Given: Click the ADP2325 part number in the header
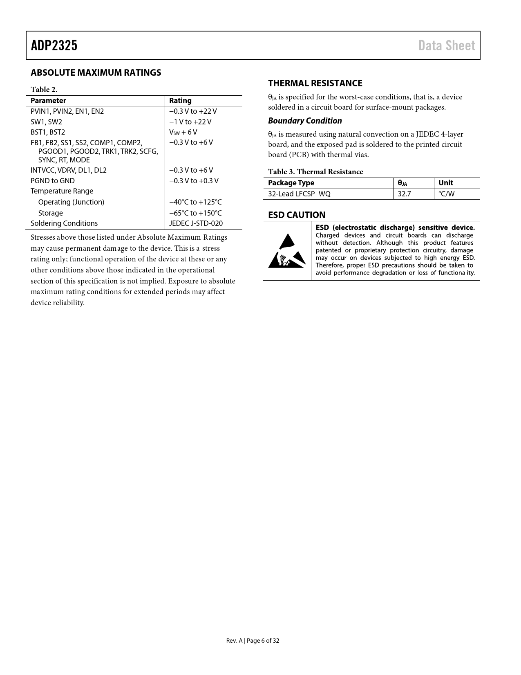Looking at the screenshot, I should pyautogui.click(x=54, y=45).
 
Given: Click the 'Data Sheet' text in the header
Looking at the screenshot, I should pyautogui.click(x=447, y=45).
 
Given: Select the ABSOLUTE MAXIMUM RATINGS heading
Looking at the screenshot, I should pyautogui.click(x=96, y=73).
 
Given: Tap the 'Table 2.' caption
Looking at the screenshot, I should pyautogui.click(x=44, y=90).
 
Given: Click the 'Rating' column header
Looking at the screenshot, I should pyautogui.click(x=180, y=101).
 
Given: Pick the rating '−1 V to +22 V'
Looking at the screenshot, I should pyautogui.click(x=190, y=122).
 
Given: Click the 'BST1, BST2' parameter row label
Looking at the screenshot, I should pyautogui.click(x=48, y=132).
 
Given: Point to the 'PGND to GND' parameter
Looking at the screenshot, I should pyautogui.click(x=53, y=181).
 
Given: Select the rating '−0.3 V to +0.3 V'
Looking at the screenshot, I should pyautogui.click(x=194, y=181).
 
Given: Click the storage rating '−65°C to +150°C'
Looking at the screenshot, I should pyautogui.click(x=196, y=213).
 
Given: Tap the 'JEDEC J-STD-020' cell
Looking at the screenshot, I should pyautogui.click(x=196, y=223).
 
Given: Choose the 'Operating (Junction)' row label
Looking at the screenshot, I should pyautogui.click(x=71, y=202).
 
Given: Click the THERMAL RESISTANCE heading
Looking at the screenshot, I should pyautogui.click(x=315, y=83).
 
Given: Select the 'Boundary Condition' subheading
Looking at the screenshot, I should pyautogui.click(x=305, y=121).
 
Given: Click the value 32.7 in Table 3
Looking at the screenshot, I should pyautogui.click(x=405, y=194).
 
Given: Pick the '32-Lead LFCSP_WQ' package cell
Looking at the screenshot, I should pyautogui.click(x=299, y=194).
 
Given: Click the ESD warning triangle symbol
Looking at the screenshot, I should pyautogui.click(x=287, y=251).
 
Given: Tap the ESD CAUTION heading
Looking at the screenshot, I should pyautogui.click(x=297, y=215).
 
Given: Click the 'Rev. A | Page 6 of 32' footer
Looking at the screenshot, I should pyautogui.click(x=253, y=641).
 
